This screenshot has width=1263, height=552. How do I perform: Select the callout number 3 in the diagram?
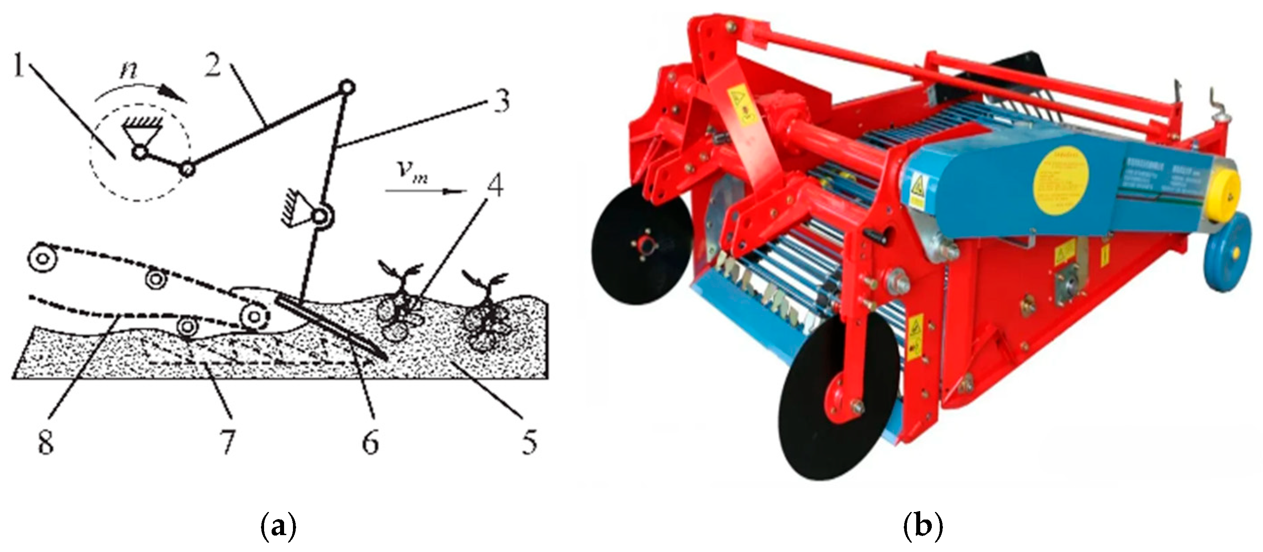(x=501, y=102)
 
